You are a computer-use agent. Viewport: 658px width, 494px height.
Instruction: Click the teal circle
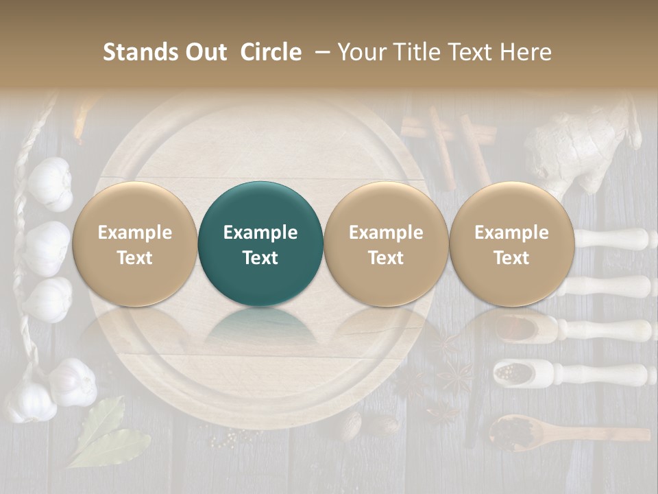(260, 244)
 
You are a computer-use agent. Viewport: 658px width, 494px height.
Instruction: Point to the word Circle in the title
(271, 52)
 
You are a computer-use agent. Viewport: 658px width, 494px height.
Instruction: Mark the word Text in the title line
(472, 52)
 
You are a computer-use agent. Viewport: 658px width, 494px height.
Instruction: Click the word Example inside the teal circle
(260, 233)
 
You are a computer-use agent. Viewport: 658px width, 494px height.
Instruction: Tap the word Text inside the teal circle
(260, 258)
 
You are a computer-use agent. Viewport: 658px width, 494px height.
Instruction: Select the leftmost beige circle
(134, 244)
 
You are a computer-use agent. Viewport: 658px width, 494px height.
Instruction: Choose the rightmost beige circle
(511, 244)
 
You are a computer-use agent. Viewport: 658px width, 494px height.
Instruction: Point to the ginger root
(583, 151)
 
